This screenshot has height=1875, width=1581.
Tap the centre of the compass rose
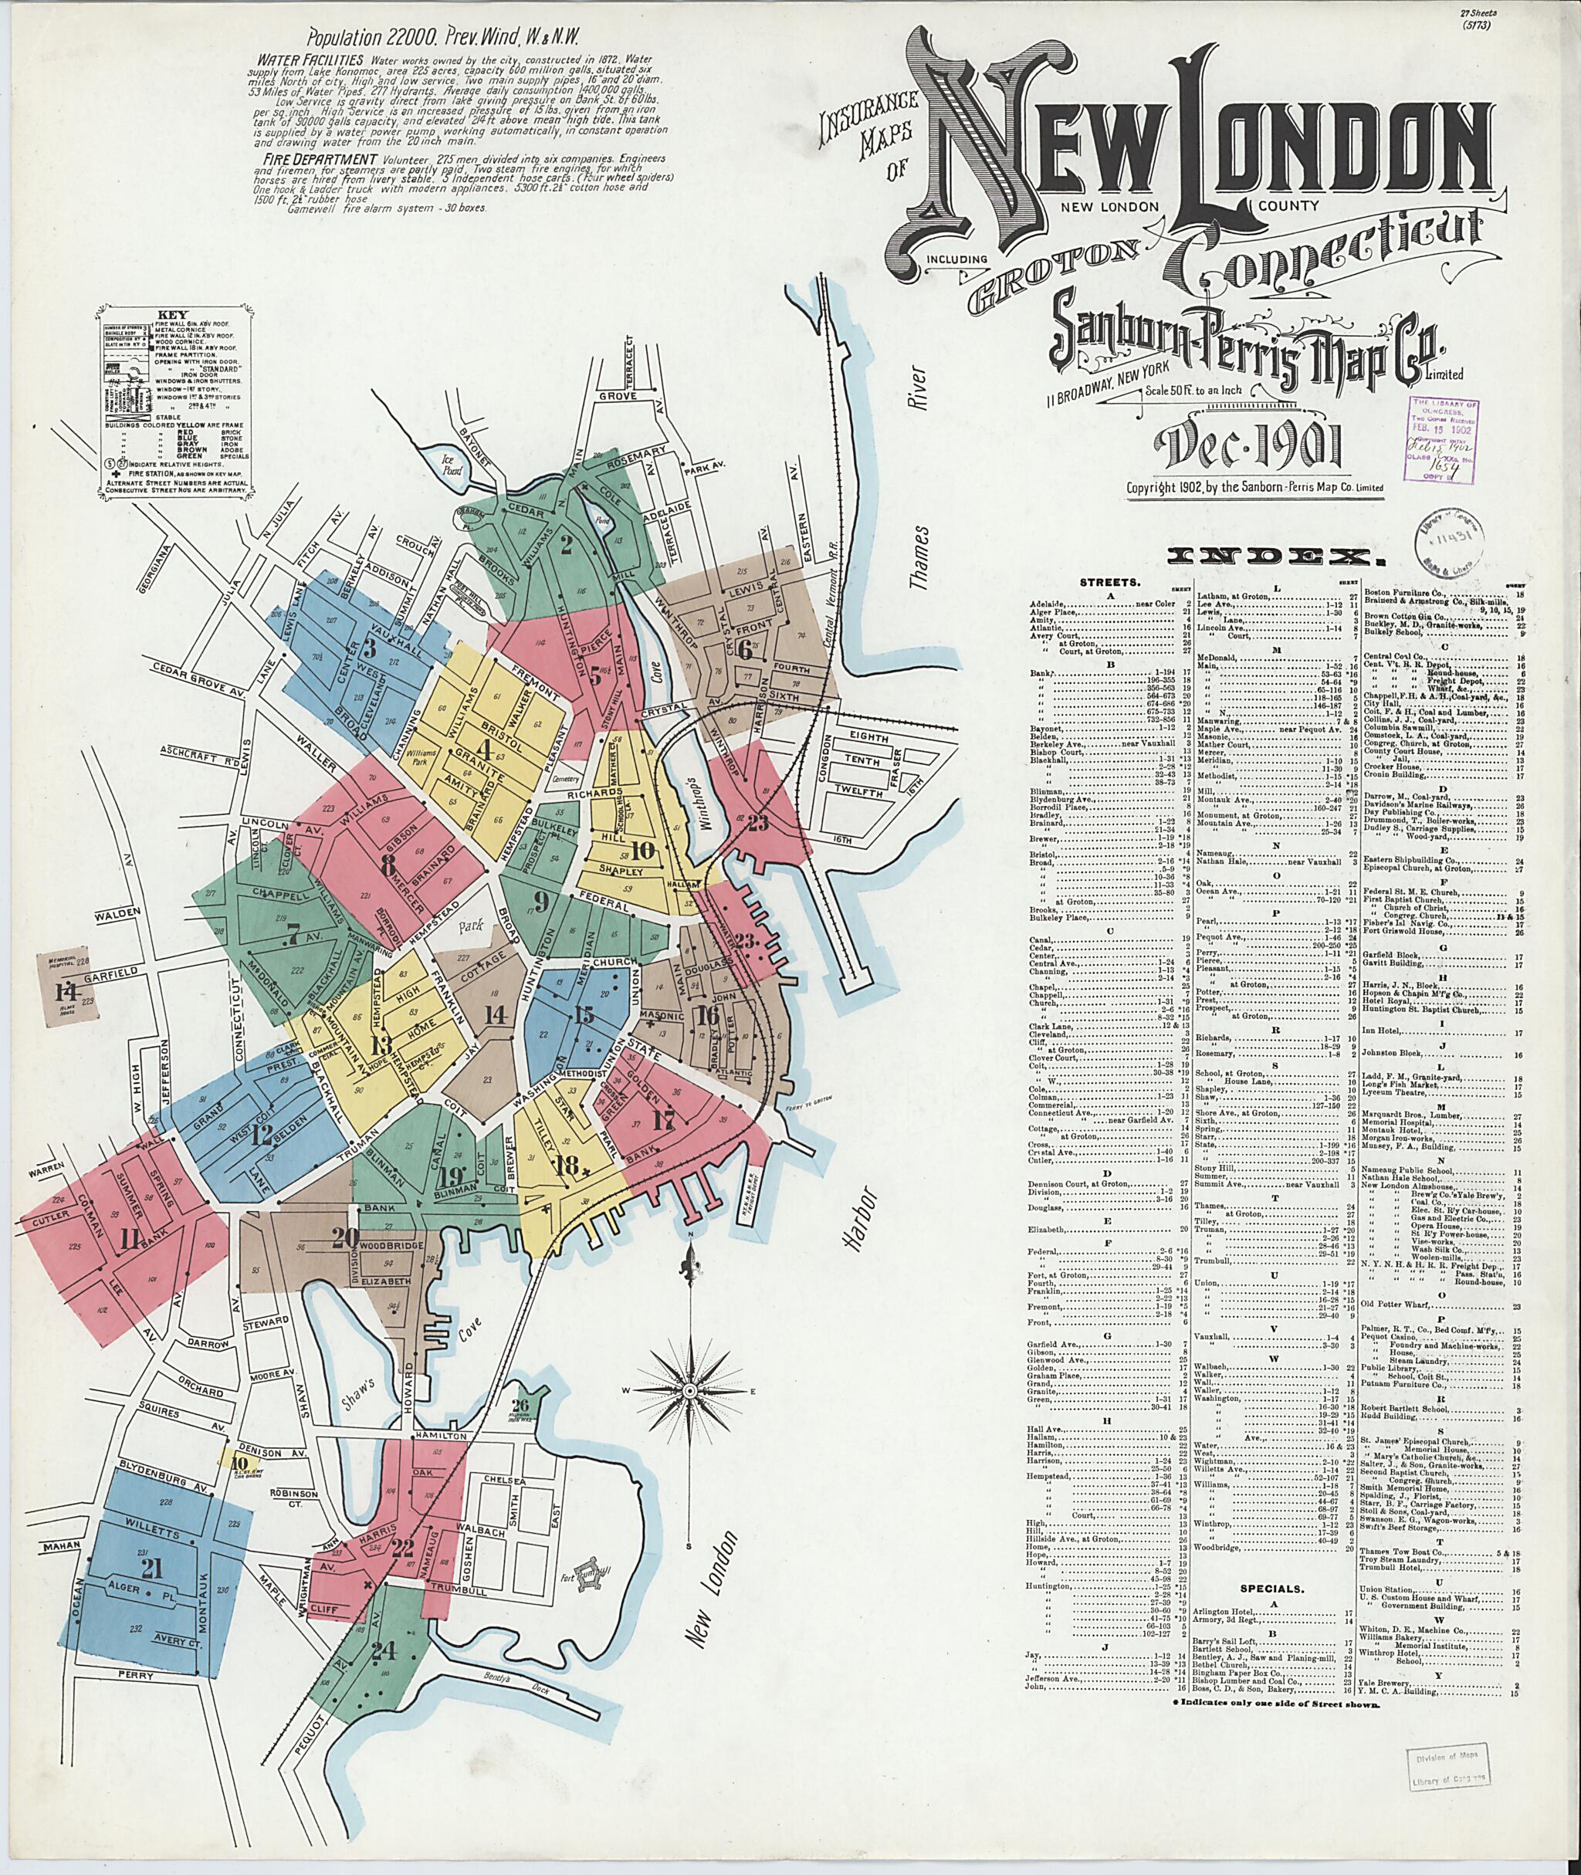point(690,1390)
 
